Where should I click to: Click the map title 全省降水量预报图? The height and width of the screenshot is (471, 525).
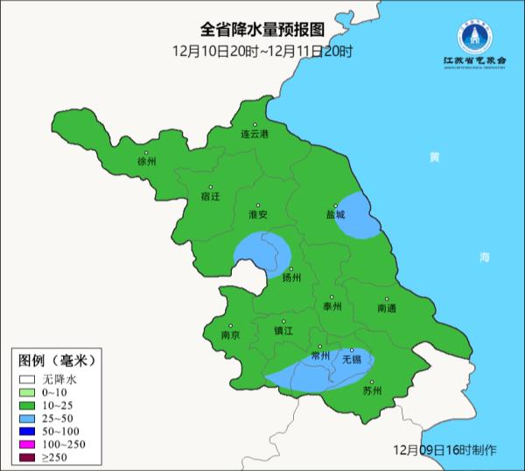262,31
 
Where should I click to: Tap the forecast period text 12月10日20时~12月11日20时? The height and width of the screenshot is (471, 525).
262,52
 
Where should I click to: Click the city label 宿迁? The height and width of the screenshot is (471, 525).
211,195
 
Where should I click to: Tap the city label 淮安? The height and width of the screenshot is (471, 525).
258,214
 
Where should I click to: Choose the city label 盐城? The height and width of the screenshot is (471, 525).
335,214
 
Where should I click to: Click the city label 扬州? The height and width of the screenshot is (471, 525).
291,278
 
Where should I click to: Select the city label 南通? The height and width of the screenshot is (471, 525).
387,308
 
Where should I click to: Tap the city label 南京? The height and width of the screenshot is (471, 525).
230,334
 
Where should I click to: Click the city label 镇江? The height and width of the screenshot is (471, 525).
283,331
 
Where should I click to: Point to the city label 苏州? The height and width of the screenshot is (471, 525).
372,391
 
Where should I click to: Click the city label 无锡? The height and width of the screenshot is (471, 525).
351,359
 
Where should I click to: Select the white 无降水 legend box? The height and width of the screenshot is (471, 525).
28,380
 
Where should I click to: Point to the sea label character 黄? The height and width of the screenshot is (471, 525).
435,158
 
